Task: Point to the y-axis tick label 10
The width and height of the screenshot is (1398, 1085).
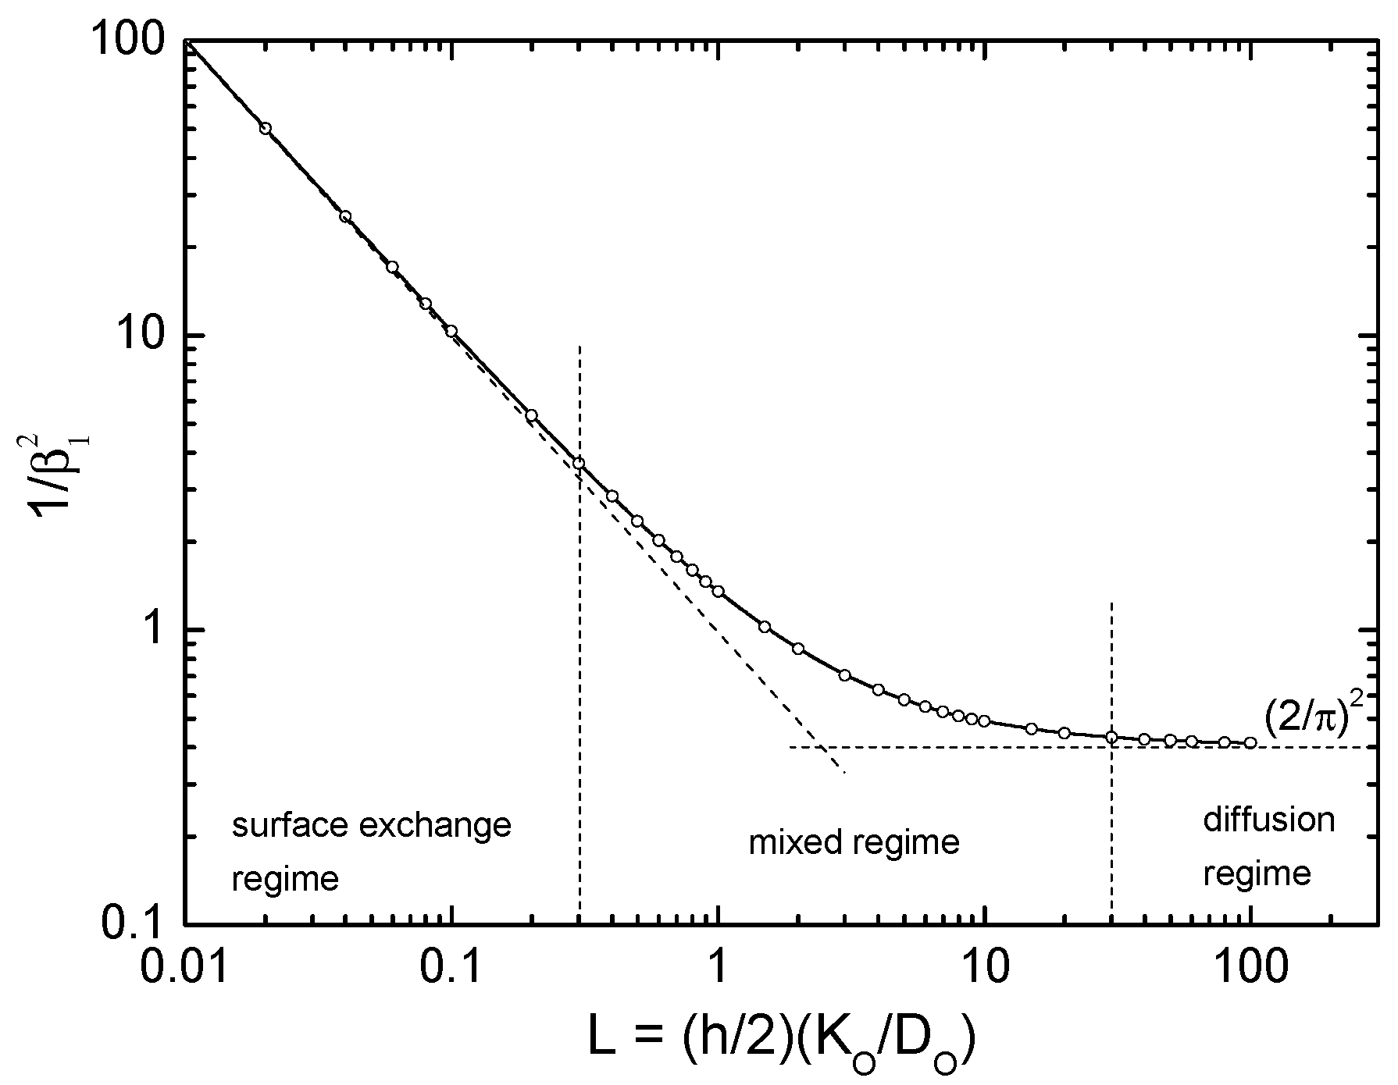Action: pyautogui.click(x=145, y=335)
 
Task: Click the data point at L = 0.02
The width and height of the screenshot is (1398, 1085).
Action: pyautogui.click(x=266, y=128)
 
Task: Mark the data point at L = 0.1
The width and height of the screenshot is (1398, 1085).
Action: pyautogui.click(x=451, y=331)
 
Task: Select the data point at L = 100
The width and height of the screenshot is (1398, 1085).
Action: pyautogui.click(x=1250, y=743)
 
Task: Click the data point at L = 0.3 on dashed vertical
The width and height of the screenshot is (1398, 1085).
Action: pyautogui.click(x=579, y=464)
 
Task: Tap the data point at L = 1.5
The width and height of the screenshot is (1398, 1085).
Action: pyautogui.click(x=765, y=627)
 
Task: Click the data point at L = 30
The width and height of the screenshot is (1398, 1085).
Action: pyautogui.click(x=1111, y=737)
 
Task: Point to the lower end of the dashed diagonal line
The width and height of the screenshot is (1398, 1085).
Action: pyautogui.click(x=845, y=774)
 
